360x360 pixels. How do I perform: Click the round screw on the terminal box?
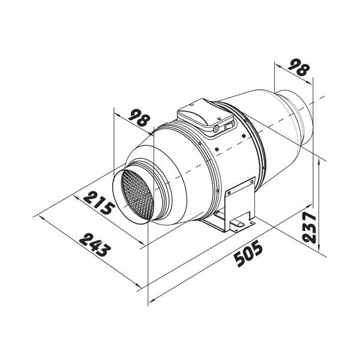(215, 128)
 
